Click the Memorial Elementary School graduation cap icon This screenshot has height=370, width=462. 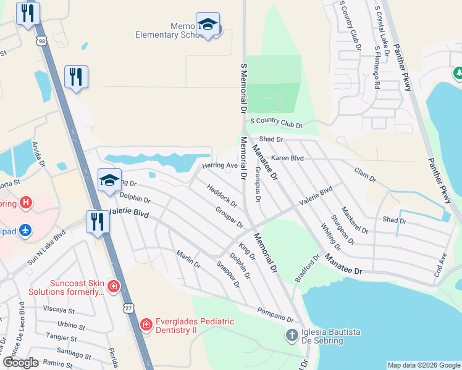pyautogui.click(x=208, y=25)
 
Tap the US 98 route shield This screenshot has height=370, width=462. pyautogui.click(x=41, y=41)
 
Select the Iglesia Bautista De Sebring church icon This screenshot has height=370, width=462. pyautogui.click(x=292, y=336)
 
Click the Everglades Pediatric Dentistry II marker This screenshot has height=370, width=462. pyautogui.click(x=146, y=324)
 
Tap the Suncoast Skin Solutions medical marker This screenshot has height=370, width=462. pyautogui.click(x=113, y=286)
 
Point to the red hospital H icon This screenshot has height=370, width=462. pyautogui.click(x=25, y=202)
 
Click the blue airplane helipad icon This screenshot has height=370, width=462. pyautogui.click(x=25, y=229)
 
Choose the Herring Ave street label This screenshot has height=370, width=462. pyautogui.click(x=220, y=166)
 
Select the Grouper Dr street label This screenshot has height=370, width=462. pyautogui.click(x=230, y=216)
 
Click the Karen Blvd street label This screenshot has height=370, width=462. pyautogui.click(x=287, y=158)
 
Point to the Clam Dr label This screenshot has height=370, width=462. pyautogui.click(x=365, y=174)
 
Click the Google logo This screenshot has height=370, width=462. pyautogui.click(x=21, y=363)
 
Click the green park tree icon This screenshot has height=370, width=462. pyautogui.click(x=458, y=73)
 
